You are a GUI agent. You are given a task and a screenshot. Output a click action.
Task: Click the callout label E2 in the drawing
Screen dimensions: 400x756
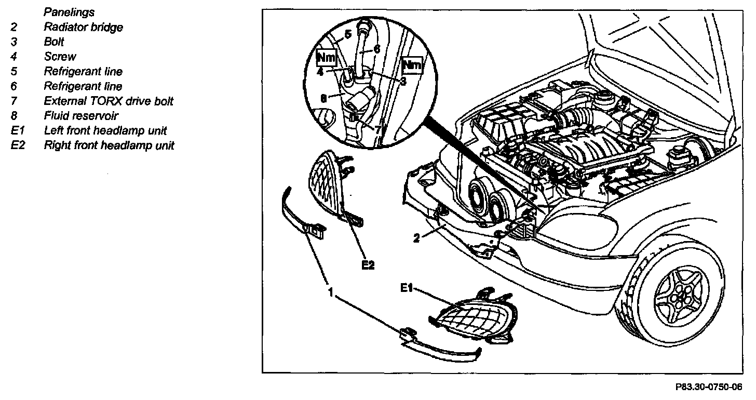click(x=368, y=265)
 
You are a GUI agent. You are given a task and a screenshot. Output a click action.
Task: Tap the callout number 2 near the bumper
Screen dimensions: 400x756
click(x=416, y=238)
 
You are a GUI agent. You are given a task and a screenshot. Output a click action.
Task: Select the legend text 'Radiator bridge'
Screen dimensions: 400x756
click(x=83, y=27)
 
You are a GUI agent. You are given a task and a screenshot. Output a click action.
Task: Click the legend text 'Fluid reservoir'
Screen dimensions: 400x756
click(x=80, y=116)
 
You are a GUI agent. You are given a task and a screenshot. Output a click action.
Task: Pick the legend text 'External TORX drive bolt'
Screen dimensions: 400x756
click(x=109, y=101)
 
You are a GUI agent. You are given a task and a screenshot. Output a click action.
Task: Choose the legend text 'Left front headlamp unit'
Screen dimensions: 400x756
click(x=105, y=130)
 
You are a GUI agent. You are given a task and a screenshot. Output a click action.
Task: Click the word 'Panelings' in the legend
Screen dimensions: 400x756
click(x=69, y=11)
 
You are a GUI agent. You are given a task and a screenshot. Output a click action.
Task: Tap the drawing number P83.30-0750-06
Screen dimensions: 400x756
click(x=708, y=387)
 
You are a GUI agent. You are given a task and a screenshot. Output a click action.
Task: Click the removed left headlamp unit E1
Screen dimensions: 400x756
click(x=470, y=317)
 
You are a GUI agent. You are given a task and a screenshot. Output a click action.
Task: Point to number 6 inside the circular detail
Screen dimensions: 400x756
click(x=376, y=48)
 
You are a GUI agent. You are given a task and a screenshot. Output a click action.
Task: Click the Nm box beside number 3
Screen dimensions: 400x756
click(x=412, y=65)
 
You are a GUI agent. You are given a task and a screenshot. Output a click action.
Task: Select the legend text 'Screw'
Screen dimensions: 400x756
click(x=60, y=57)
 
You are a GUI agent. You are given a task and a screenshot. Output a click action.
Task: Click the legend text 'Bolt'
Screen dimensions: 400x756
click(x=54, y=42)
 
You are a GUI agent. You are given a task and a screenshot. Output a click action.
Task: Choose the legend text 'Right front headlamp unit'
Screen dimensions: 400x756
click(x=109, y=145)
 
